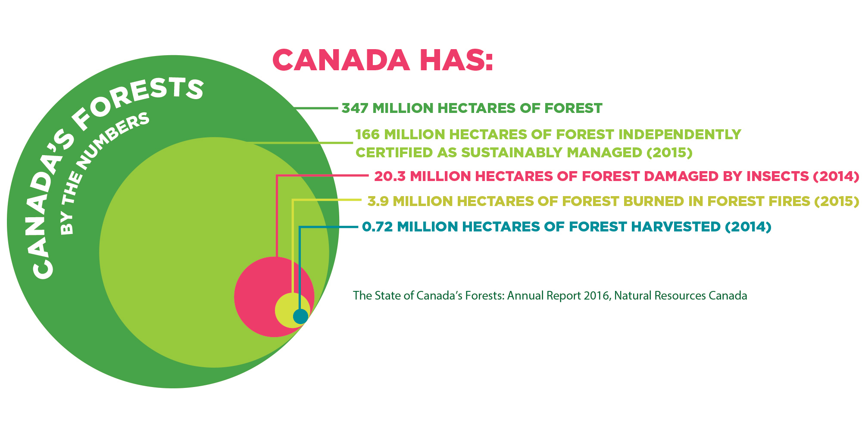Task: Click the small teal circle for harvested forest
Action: click(301, 316)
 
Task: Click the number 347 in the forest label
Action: click(355, 108)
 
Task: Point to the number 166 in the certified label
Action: click(367, 134)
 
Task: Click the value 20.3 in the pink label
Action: click(390, 176)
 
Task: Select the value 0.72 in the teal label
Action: click(377, 227)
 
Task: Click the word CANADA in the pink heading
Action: click(341, 60)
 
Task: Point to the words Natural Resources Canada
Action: click(681, 296)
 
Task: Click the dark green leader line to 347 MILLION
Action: click(315, 108)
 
